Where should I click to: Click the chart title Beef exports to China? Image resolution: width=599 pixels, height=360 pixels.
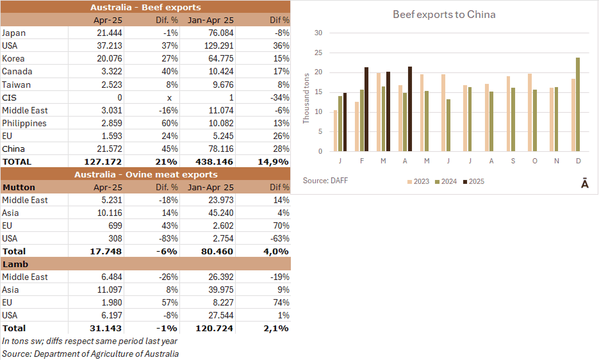pyautogui.click(x=444, y=14)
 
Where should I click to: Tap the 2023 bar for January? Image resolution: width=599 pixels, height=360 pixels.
pyautogui.click(x=335, y=131)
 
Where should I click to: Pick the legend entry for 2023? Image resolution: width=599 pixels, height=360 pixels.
pyautogui.click(x=418, y=181)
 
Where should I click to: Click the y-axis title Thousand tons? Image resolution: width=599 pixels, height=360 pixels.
pyautogui.click(x=306, y=98)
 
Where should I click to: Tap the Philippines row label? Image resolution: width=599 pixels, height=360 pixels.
pyautogui.click(x=24, y=123)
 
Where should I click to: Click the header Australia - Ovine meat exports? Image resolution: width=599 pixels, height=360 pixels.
pyautogui.click(x=145, y=174)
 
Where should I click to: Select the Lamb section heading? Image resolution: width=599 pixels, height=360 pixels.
pyautogui.click(x=15, y=264)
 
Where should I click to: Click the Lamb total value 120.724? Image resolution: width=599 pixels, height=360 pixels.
pyautogui.click(x=214, y=328)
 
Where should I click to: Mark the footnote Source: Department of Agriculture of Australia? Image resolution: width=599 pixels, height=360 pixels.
pyautogui.click(x=90, y=354)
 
